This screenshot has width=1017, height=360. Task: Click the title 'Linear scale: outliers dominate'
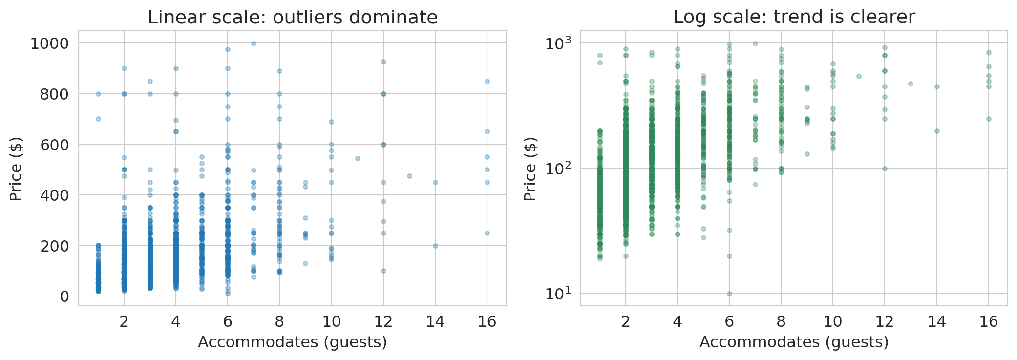pos(293,17)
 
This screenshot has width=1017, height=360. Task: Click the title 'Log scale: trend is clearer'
pos(794,17)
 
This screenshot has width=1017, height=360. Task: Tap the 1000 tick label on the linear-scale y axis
pos(49,43)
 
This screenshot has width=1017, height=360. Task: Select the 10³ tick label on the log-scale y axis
pos(557,43)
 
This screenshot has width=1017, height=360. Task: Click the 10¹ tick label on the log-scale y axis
pos(557,294)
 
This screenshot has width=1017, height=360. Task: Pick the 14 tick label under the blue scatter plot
pos(435,321)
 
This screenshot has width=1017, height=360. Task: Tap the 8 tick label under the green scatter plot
pos(781,321)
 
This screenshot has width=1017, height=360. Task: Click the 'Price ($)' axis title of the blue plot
pos(16,169)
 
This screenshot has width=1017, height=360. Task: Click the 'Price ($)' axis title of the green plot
pos(530,169)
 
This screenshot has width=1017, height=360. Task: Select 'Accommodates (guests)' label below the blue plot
pos(292,342)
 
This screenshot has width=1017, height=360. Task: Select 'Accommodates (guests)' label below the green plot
pos(794,342)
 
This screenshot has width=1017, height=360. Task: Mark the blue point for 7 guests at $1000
pos(254,43)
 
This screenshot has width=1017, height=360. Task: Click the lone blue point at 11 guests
pos(358,158)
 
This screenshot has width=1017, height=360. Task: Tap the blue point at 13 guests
pos(409,176)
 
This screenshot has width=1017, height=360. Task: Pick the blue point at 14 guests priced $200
pos(435,246)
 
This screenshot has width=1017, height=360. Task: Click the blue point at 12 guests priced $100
pos(383,271)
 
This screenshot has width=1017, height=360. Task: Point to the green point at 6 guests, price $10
pos(729,294)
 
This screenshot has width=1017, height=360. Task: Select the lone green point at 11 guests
pos(859,76)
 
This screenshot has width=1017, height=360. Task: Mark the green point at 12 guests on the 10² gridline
pos(885,169)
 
